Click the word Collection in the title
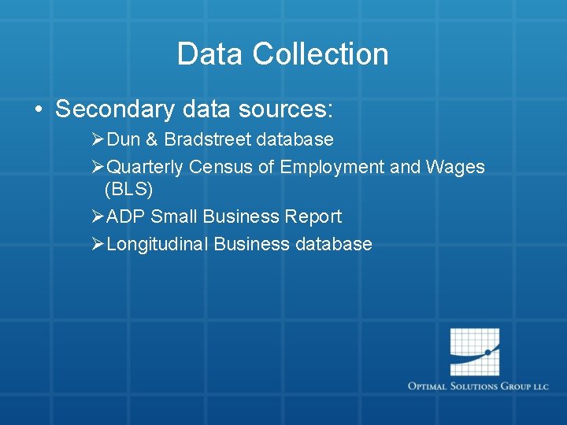tap(321, 54)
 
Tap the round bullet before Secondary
tap(39, 109)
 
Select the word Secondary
tap(114, 109)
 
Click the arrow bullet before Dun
tap(98, 140)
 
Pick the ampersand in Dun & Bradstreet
tap(153, 140)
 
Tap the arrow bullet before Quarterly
tap(98, 167)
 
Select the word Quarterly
tap(145, 168)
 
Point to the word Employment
tap(324, 168)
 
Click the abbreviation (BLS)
tap(128, 190)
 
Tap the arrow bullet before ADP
tap(98, 216)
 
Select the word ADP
tap(125, 216)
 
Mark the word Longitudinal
tap(157, 245)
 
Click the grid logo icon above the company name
tap(475, 352)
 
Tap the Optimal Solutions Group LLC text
tap(478, 386)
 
